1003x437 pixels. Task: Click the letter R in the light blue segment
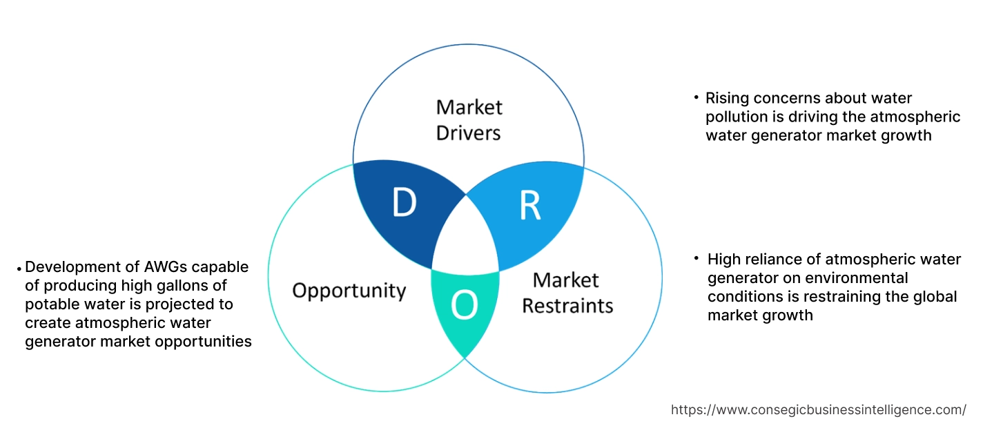pyautogui.click(x=529, y=205)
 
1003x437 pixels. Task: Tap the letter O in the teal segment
pyautogui.click(x=465, y=307)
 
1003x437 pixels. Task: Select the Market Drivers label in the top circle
pyautogui.click(x=469, y=119)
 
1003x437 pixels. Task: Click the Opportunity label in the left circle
pyautogui.click(x=349, y=290)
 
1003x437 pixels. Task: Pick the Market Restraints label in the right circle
pyautogui.click(x=567, y=292)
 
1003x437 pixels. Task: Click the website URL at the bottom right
pyautogui.click(x=818, y=409)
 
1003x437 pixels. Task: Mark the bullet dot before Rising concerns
pyautogui.click(x=697, y=98)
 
